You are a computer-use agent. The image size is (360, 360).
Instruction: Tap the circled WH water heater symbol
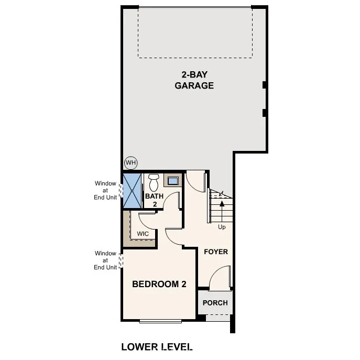pos(130,162)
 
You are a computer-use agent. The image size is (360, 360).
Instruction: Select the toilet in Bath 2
pos(154,182)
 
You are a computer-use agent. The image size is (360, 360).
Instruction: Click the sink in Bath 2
pos(172,181)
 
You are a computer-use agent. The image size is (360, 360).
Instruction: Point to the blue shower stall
pos(133,190)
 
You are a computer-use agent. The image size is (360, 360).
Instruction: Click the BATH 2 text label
pos(155,200)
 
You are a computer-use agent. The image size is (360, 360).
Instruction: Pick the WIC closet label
pos(143,234)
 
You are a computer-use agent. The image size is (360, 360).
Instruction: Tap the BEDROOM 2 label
pos(159,285)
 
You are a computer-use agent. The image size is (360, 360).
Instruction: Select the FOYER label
pos(216,252)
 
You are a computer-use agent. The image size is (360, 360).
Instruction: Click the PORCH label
pos(215,303)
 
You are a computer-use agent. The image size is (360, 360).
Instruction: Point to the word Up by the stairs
pos(222,227)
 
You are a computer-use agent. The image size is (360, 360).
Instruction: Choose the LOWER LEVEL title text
pos(157,346)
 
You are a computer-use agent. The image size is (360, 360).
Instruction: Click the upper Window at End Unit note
pos(105,190)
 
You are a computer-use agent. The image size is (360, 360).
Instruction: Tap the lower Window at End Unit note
pos(105,260)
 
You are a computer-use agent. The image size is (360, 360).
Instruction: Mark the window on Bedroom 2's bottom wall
pos(160,321)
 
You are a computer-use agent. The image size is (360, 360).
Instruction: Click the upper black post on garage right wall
pos(265,85)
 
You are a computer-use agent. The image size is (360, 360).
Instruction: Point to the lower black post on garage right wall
pos(265,112)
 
